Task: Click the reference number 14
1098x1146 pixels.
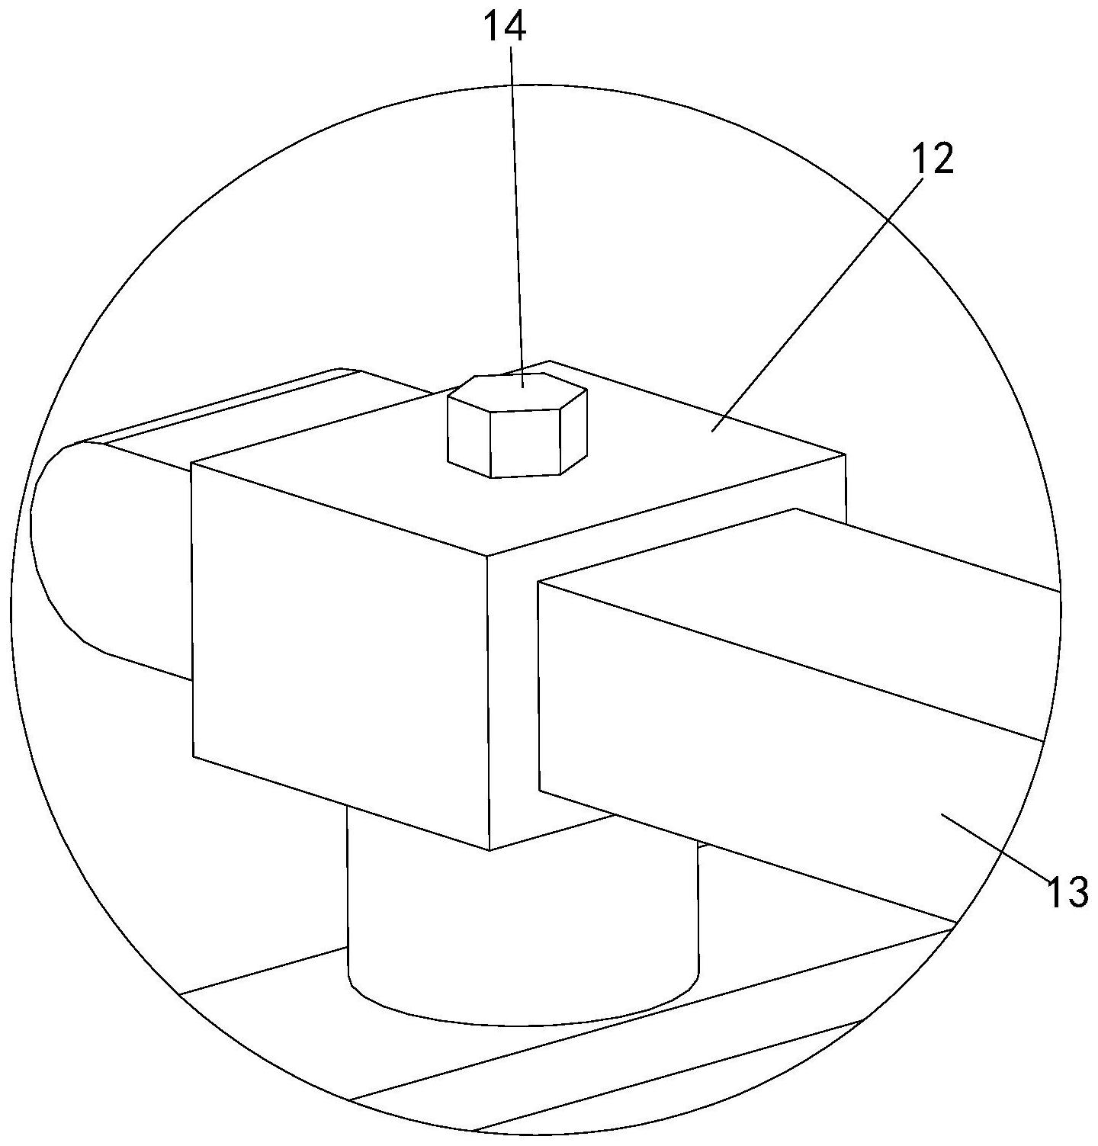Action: [x=506, y=27]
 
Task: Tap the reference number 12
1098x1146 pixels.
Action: [x=932, y=159]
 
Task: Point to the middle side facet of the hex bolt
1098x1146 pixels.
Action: [x=526, y=443]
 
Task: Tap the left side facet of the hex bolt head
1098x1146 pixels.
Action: [x=468, y=435]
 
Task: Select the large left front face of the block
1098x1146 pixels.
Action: [x=339, y=656]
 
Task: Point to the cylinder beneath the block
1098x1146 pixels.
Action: [x=518, y=930]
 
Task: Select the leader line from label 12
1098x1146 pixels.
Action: [x=823, y=297]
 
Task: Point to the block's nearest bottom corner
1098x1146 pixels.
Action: [x=489, y=849]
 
